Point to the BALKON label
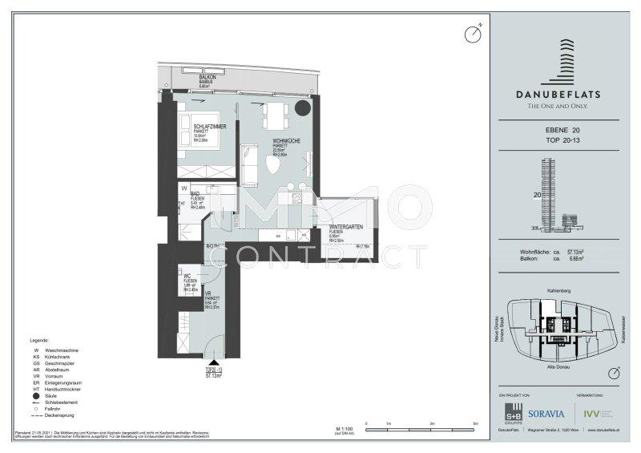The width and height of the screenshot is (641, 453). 208,77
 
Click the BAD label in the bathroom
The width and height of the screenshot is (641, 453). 195,194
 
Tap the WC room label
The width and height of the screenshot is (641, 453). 187,276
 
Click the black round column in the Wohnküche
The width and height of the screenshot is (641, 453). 304,109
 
